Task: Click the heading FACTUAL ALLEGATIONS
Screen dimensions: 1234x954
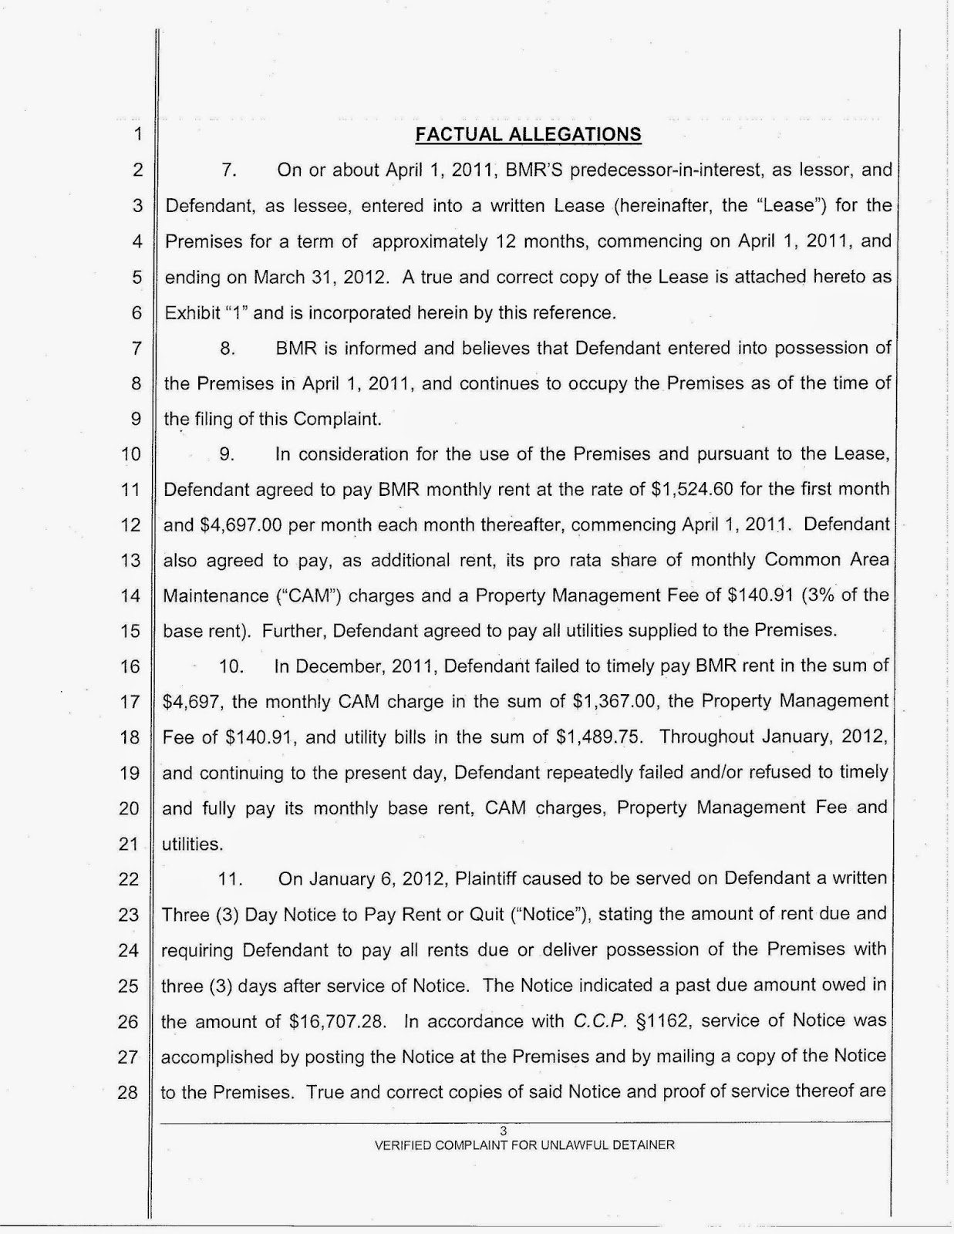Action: tap(528, 135)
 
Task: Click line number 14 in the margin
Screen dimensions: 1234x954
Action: tap(130, 595)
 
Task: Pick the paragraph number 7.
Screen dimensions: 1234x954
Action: tap(228, 170)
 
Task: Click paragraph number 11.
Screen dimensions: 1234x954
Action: tap(230, 878)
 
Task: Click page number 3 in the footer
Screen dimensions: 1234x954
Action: tap(503, 1131)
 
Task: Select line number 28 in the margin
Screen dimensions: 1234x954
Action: tap(128, 1092)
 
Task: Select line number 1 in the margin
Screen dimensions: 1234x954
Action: tap(138, 135)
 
